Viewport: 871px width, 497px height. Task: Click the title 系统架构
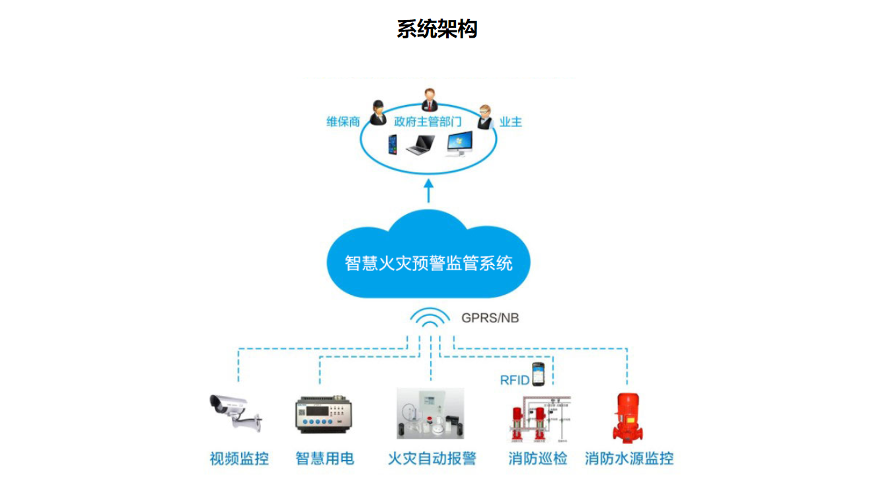437,29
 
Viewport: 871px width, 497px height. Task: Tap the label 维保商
343,122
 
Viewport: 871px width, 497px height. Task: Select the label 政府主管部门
428,122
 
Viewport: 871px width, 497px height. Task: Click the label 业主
511,122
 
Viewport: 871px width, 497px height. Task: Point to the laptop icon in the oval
420,145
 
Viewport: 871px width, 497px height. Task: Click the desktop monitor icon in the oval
459,143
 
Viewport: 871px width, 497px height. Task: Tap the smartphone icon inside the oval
393,145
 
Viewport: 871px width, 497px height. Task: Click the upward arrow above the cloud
428,190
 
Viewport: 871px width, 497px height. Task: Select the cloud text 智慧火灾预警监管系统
428,263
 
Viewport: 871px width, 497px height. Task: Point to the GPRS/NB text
490,318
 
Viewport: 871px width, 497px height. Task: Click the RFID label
514,380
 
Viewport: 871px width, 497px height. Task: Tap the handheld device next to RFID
539,374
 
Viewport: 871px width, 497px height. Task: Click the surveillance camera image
236,413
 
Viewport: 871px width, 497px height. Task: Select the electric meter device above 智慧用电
324,414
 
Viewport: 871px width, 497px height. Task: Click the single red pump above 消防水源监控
628,418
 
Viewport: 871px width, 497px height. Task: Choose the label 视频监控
239,459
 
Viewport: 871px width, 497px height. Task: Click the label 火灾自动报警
432,459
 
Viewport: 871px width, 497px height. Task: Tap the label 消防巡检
538,459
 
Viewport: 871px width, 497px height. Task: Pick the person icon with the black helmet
377,112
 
